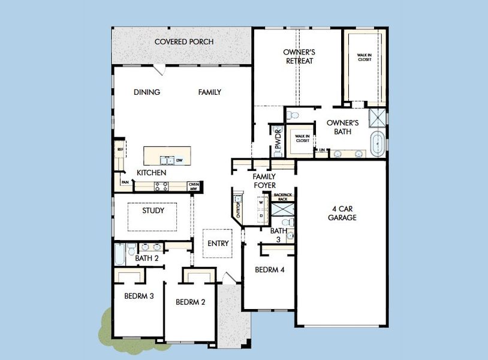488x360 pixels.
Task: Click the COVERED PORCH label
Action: [184, 41]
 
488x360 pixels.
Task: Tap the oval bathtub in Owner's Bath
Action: [377, 146]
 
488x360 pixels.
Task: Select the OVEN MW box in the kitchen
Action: [193, 186]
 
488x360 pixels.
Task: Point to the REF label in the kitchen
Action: [119, 149]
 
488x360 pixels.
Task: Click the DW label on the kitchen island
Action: [179, 160]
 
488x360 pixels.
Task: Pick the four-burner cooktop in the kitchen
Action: [161, 187]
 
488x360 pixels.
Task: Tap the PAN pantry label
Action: [125, 182]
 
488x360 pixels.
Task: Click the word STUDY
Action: [153, 211]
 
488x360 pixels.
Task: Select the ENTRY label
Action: [218, 243]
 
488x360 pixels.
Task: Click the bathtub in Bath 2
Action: [119, 254]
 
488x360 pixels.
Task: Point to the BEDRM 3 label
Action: [139, 295]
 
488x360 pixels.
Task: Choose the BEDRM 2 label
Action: [191, 302]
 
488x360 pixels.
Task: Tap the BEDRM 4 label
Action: [269, 269]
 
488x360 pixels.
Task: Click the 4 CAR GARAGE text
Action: [342, 214]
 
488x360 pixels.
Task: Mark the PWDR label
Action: [278, 142]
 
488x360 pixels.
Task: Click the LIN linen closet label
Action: [322, 149]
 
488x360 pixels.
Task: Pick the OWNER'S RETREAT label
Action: [299, 56]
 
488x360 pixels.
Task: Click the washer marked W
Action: [261, 203]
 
